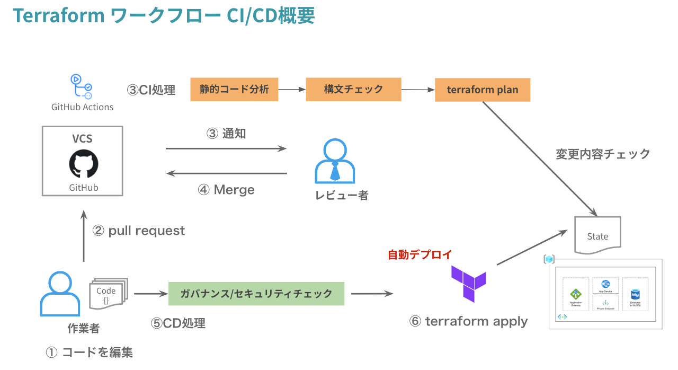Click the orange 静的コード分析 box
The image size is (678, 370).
234,89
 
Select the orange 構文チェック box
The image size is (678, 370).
353,89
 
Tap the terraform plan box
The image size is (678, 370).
482,90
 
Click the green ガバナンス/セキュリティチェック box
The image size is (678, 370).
256,294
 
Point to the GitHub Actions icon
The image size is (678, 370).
82,86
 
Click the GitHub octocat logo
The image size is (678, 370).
84,163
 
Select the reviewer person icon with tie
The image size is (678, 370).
335,162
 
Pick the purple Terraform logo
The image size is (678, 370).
469,284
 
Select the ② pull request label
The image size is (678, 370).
139,231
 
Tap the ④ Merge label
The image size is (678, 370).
226,190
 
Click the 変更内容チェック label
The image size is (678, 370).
603,154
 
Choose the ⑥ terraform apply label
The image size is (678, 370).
468,321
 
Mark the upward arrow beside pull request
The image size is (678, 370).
83,236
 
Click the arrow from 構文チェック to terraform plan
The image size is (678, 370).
417,90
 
